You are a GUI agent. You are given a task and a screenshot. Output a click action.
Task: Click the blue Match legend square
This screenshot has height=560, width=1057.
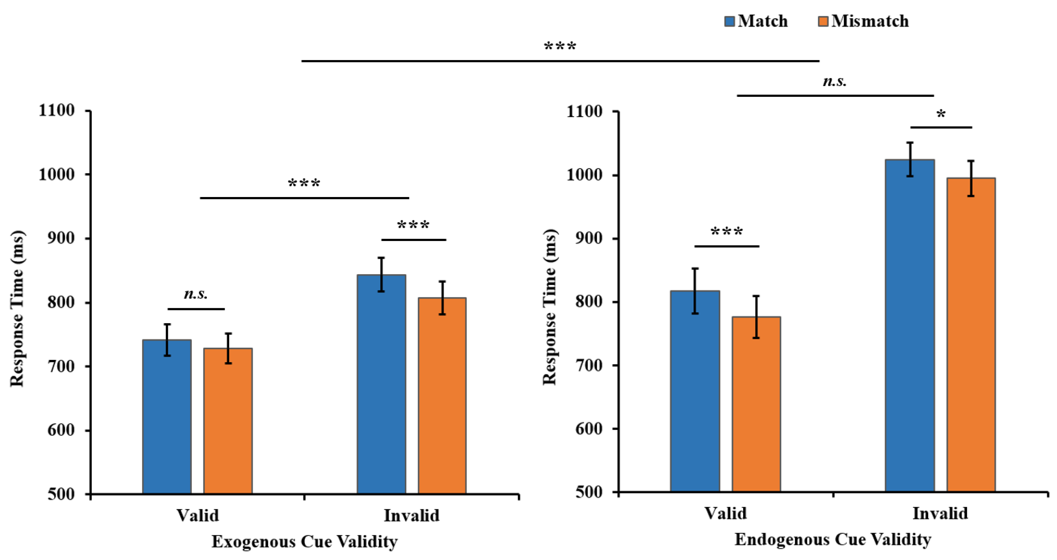729,21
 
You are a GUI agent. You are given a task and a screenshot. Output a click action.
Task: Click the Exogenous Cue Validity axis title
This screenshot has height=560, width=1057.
304,541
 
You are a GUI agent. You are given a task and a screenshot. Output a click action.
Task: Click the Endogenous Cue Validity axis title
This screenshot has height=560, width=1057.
833,539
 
